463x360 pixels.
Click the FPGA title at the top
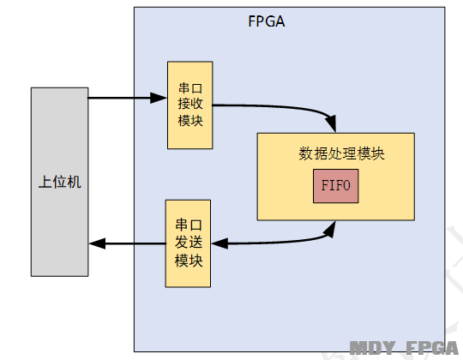[x=267, y=21]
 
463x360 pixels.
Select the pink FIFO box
[x=336, y=186]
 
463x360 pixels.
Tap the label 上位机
[x=60, y=182]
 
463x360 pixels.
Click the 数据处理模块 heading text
[x=341, y=153]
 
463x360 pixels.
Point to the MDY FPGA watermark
[x=404, y=348]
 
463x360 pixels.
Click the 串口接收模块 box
[x=189, y=105]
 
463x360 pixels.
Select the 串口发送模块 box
[x=188, y=243]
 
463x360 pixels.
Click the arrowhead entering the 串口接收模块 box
[x=159, y=98]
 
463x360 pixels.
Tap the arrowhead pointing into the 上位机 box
[x=97, y=243]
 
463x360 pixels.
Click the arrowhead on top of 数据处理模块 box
[x=331, y=123]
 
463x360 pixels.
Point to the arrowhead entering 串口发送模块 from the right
[x=219, y=243]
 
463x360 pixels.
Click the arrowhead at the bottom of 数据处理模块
[x=330, y=229]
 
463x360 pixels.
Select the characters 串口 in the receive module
[x=190, y=88]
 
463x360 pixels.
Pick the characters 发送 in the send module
[x=189, y=242]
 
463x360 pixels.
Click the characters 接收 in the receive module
[x=190, y=104]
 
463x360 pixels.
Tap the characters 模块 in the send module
[x=189, y=261]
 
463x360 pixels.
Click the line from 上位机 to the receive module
[x=128, y=98]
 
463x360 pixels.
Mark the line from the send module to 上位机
[x=127, y=243]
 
